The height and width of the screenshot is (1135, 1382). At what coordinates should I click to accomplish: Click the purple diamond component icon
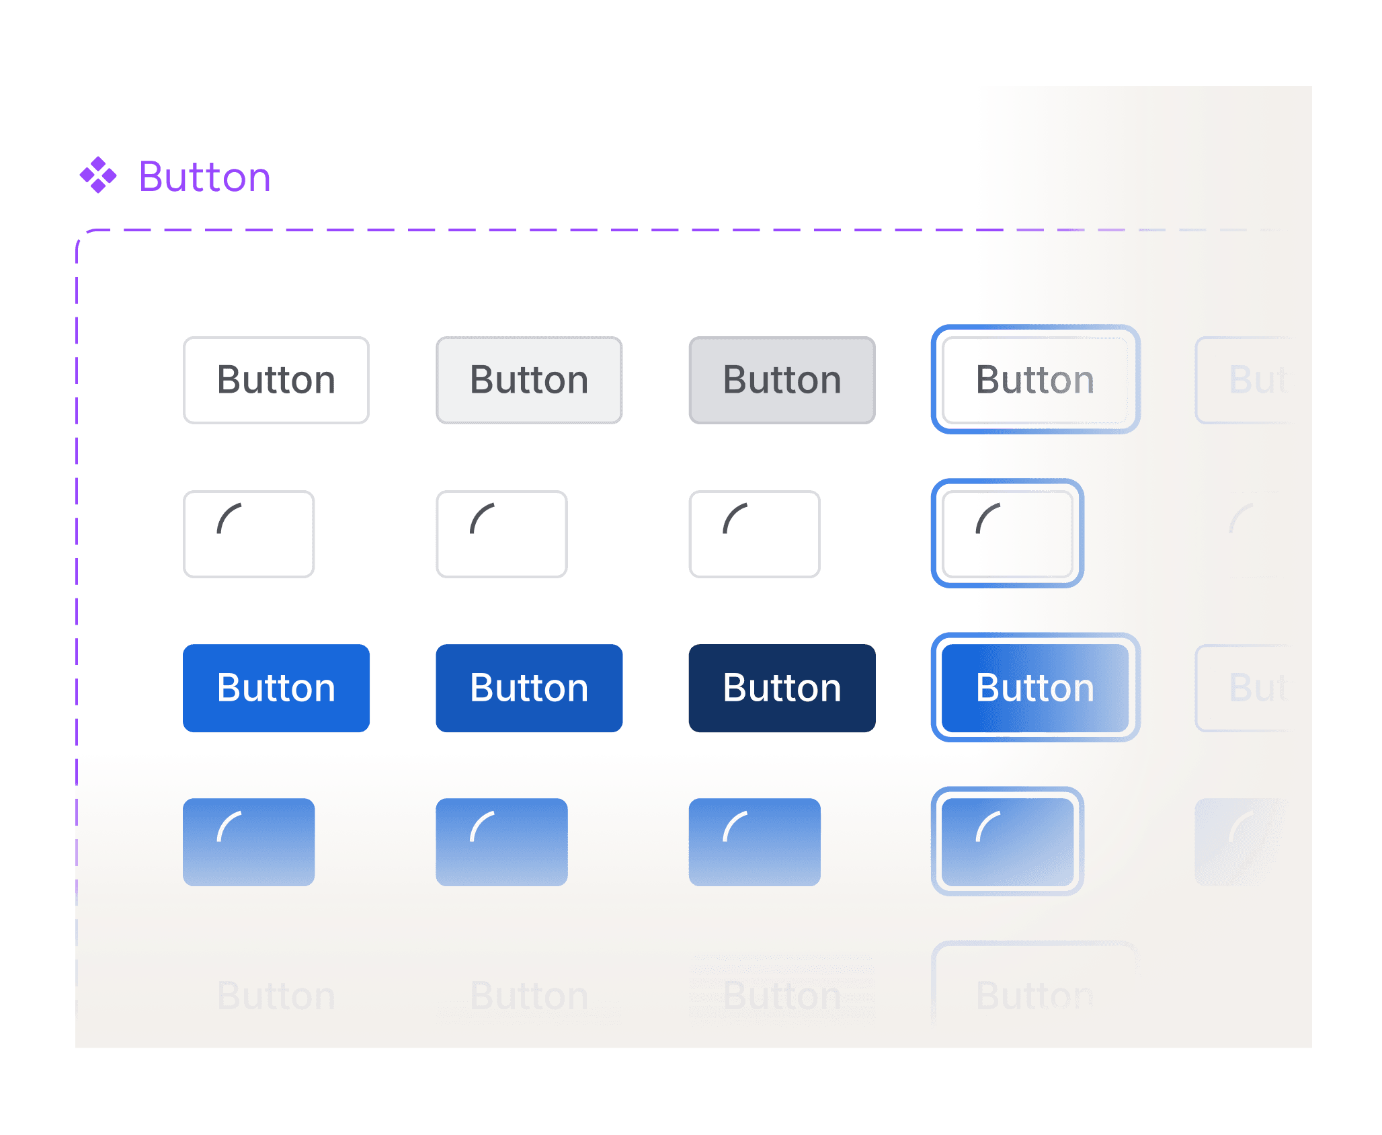point(98,175)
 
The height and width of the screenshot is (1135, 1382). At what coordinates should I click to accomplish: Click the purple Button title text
point(204,178)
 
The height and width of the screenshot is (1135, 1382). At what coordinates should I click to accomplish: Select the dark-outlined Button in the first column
point(276,380)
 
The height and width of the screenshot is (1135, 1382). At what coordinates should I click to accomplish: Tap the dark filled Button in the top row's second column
point(529,380)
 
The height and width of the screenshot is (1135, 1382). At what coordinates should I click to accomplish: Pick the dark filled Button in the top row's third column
point(782,380)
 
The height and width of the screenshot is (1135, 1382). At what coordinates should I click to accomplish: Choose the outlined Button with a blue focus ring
point(1035,380)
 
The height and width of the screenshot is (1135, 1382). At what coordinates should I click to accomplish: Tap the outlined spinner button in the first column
point(249,534)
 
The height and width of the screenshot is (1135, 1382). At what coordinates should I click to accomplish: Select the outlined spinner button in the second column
point(501,534)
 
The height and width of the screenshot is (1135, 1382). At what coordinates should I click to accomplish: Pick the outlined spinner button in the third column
point(754,534)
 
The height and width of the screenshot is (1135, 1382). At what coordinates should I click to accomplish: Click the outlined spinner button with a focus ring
point(1007,534)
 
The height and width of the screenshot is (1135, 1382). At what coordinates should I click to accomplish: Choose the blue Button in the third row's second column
point(529,688)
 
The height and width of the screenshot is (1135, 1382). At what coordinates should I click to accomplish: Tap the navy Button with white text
point(782,688)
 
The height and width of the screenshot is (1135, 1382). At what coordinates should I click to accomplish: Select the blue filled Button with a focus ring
point(1035,688)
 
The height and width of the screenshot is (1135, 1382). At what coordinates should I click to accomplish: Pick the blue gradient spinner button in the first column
point(249,842)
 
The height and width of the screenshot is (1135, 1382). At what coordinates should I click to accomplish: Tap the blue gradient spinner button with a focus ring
point(1007,842)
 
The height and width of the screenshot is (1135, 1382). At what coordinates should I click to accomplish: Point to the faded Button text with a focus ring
point(1035,995)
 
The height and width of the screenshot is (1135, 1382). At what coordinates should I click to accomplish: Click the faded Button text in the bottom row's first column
point(276,995)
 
